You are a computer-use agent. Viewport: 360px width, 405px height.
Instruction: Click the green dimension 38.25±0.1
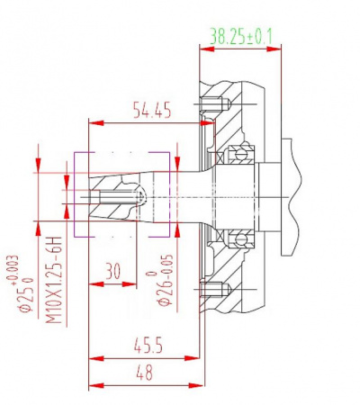[x=241, y=37]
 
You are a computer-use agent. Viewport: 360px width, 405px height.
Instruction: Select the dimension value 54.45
[x=152, y=110]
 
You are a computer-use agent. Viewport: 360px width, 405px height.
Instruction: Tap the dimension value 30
[x=113, y=271]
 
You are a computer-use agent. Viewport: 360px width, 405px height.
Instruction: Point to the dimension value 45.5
[x=148, y=346]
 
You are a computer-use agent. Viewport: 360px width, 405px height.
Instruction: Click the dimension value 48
[x=144, y=373]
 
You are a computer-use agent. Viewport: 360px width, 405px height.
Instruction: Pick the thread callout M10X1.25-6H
[x=54, y=280]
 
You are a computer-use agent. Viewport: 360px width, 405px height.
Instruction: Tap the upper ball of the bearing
[x=240, y=155]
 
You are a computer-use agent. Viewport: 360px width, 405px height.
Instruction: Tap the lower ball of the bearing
[x=240, y=239]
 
